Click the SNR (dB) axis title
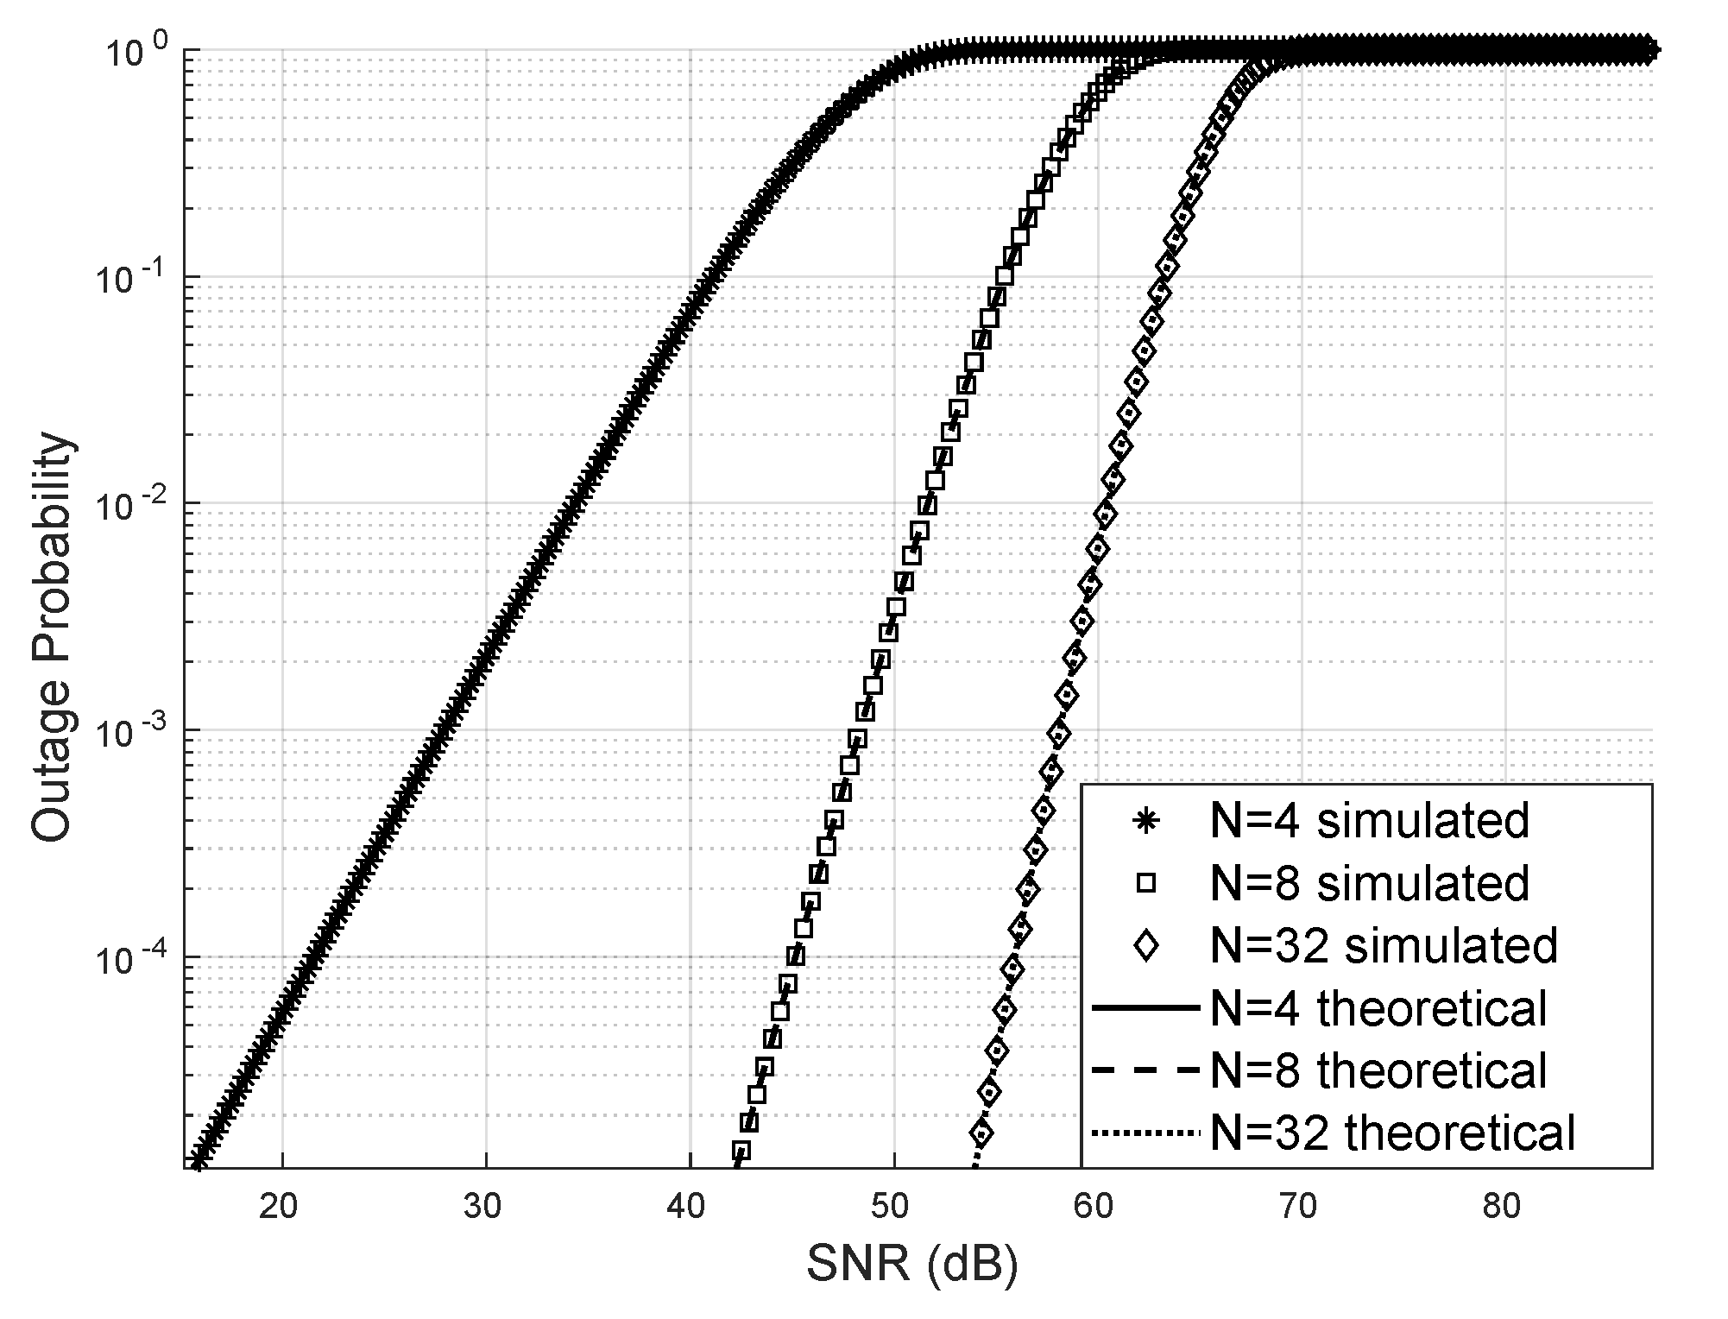point(912,1265)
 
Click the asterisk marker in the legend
point(1145,821)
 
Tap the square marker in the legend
point(1145,883)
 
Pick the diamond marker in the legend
point(1145,946)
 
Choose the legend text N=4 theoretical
point(1378,1008)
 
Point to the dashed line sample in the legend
point(1145,1070)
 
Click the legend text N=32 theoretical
point(1393,1133)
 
